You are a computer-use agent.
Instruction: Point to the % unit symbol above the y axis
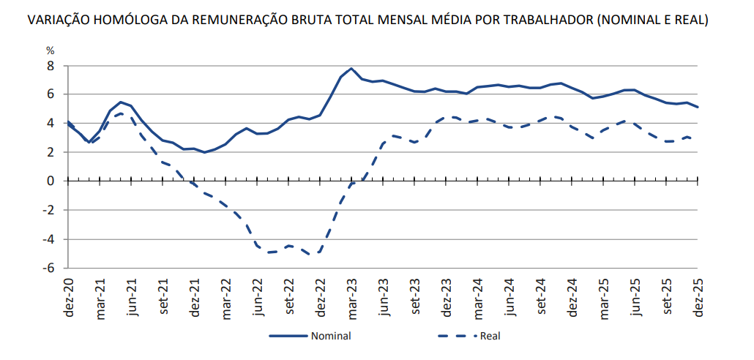click(x=51, y=50)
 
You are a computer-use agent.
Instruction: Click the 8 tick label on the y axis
click(x=51, y=65)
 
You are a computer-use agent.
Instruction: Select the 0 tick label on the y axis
click(x=51, y=181)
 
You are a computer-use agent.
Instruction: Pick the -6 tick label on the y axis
click(x=48, y=268)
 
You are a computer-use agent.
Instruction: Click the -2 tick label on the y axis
click(x=48, y=210)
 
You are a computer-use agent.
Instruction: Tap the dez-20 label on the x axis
click(x=69, y=296)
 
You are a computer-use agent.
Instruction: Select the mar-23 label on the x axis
click(x=352, y=296)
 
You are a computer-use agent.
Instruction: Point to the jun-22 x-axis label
click(x=258, y=296)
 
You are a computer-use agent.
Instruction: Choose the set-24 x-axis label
click(x=541, y=296)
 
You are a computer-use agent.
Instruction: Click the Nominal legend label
click(x=331, y=337)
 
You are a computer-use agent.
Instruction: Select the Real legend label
click(x=490, y=337)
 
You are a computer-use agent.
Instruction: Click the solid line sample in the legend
click(x=288, y=337)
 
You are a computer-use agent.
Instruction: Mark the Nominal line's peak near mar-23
click(x=352, y=69)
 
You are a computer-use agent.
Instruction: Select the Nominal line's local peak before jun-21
click(x=121, y=102)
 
